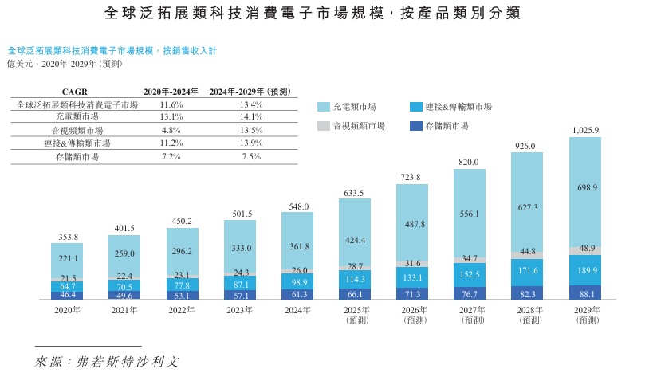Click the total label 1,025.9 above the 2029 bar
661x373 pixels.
(585, 130)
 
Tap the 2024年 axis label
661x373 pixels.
(297, 310)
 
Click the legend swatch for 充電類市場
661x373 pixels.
(324, 107)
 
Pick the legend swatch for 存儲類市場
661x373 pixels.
(415, 126)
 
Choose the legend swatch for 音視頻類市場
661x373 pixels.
(324, 126)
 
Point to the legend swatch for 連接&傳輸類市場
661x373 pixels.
(415, 107)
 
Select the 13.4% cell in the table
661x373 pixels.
(250, 104)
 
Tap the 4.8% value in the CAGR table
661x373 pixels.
(171, 131)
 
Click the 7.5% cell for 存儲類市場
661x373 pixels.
(250, 157)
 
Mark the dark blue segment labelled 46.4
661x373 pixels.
(67, 295)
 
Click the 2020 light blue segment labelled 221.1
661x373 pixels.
(67, 260)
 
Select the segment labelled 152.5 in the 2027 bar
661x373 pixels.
(470, 274)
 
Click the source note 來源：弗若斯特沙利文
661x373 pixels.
(107, 362)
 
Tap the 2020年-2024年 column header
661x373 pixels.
(171, 92)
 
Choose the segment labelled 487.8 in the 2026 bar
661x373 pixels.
(412, 223)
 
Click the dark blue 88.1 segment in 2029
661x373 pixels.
(585, 293)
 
